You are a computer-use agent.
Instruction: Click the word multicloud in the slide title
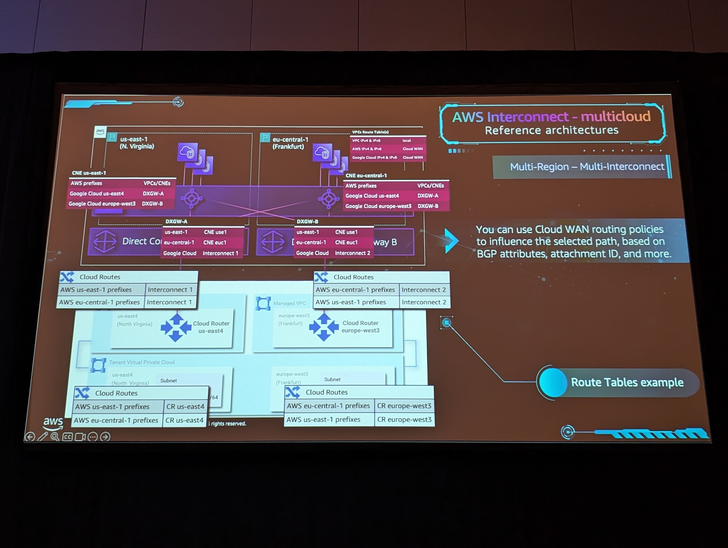(x=616, y=116)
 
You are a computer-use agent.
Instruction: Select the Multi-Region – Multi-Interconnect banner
(x=582, y=167)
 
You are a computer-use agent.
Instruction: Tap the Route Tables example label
(x=627, y=382)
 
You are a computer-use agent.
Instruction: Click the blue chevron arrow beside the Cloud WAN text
(x=451, y=241)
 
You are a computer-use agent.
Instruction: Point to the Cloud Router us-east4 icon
(x=176, y=327)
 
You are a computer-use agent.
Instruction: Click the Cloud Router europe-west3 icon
(x=324, y=327)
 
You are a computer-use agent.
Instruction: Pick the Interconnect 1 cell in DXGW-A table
(x=220, y=253)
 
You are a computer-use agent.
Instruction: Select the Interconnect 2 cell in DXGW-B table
(x=352, y=253)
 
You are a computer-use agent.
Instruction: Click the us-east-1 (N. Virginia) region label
(x=136, y=143)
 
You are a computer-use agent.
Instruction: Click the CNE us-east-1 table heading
(x=89, y=173)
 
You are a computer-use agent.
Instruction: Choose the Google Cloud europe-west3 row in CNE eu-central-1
(x=378, y=206)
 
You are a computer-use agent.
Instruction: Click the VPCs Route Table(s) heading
(x=370, y=132)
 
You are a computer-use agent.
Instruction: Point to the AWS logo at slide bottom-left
(x=53, y=422)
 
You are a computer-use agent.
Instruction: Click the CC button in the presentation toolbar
(x=68, y=437)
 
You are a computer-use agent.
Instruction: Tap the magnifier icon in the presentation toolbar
(x=55, y=437)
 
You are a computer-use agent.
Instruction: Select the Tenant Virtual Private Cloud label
(x=142, y=362)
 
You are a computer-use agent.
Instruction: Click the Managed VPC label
(x=289, y=303)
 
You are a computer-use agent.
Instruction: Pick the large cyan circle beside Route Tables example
(x=553, y=382)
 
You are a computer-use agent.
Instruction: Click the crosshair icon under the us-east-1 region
(x=191, y=198)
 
